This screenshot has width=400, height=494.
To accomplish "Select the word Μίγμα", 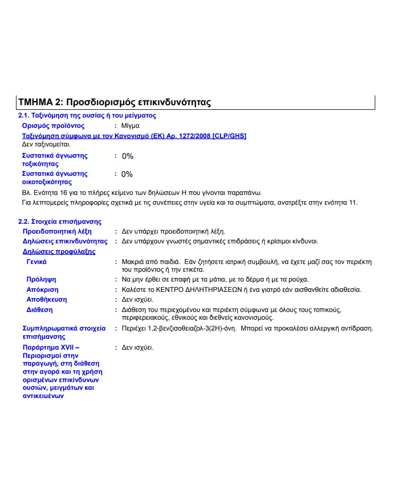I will point(130,125).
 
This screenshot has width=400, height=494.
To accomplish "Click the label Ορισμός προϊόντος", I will point(53,125).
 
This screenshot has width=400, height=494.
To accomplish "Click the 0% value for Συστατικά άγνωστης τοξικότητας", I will point(127,156).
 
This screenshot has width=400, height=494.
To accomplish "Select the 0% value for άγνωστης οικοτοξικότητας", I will point(127,174).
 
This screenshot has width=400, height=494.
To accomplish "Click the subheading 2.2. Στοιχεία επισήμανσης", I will point(60,221).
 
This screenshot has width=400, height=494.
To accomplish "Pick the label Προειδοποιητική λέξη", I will point(57,232).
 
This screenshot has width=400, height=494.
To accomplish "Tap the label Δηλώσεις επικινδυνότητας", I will point(65,241).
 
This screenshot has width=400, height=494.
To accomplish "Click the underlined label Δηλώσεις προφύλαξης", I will point(59,252).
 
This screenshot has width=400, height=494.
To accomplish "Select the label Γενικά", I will point(37,262).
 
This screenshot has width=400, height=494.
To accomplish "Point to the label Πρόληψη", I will point(41,279).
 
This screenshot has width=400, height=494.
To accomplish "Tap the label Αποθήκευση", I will point(46,300).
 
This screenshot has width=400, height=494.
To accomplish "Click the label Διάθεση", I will point(39,310).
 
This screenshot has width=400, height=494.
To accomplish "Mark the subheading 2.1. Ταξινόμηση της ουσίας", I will point(87,116).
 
